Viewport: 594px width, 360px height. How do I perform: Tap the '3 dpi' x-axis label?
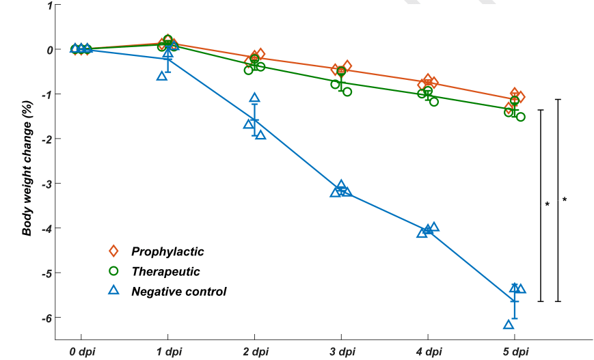coord(341,352)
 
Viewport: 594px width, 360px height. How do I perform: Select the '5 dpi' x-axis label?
coord(515,352)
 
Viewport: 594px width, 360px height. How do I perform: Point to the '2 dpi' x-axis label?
coord(254,352)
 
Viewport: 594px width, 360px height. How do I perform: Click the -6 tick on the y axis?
coord(47,318)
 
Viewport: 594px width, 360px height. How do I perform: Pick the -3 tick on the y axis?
coord(47,184)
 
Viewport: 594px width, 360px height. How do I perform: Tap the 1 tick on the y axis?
coord(49,5)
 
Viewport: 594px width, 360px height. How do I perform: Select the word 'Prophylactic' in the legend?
coord(167,252)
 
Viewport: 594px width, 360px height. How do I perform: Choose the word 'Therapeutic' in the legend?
coord(165,272)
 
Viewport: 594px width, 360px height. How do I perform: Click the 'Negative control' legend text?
coord(178,292)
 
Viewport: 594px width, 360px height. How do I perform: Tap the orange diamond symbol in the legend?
coord(114,252)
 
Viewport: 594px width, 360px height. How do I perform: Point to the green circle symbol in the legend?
coord(114,271)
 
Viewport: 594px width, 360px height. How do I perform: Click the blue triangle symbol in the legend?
coord(114,290)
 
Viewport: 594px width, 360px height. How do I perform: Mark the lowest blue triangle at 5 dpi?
coord(509,324)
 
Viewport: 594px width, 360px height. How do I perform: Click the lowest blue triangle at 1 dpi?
coord(161,75)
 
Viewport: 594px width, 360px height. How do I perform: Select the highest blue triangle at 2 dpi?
coord(254,98)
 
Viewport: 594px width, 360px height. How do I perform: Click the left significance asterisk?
coord(548,204)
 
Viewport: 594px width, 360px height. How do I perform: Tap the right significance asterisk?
coord(565,199)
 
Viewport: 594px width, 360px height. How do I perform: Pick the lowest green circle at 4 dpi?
coord(434,102)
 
